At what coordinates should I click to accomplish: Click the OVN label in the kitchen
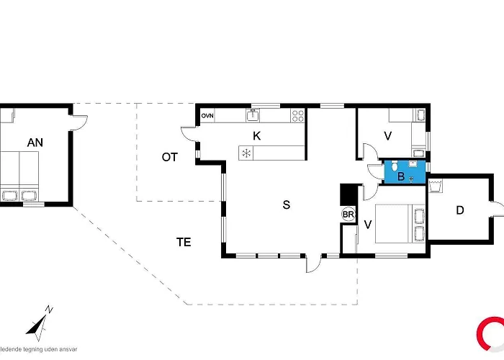[x=207, y=115]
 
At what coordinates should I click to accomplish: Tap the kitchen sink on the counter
[x=253, y=114]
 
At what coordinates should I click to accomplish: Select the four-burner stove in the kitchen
[x=298, y=115]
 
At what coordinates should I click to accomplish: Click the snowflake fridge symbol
[x=246, y=153]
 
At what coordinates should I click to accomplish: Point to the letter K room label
[x=256, y=135]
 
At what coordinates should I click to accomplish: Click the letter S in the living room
[x=286, y=205]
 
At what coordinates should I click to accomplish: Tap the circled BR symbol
[x=348, y=214]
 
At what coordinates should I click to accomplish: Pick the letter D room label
[x=460, y=211]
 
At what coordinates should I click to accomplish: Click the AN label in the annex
[x=35, y=143]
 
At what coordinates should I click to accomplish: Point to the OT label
[x=169, y=157]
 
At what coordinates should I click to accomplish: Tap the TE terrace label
[x=184, y=242]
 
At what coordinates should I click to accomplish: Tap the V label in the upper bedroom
[x=387, y=135]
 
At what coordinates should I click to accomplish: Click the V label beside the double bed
[x=368, y=224]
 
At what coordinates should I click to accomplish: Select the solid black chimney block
[x=348, y=194]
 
